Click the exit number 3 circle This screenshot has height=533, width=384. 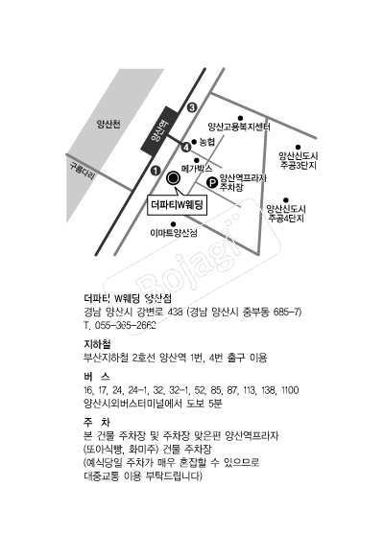192,107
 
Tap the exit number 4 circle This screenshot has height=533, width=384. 186,148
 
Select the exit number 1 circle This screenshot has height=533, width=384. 156,171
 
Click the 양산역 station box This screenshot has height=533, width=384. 159,131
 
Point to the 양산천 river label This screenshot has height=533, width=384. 108,124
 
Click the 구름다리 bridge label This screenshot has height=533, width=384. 83,171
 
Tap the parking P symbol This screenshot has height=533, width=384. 212,183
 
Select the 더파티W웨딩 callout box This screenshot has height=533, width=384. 177,205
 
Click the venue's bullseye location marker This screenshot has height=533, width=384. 173,177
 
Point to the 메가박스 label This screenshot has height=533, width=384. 197,169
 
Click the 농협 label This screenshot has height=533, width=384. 207,142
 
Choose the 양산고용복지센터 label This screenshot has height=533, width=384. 239,127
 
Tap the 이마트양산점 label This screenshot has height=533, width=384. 174,233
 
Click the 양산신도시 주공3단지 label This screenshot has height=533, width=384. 299,161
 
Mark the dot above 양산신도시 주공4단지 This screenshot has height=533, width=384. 286,200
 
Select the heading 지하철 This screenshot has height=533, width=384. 97,344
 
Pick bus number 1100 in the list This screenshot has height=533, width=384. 290,390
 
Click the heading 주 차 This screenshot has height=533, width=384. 97,422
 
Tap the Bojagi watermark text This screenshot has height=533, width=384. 190,265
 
